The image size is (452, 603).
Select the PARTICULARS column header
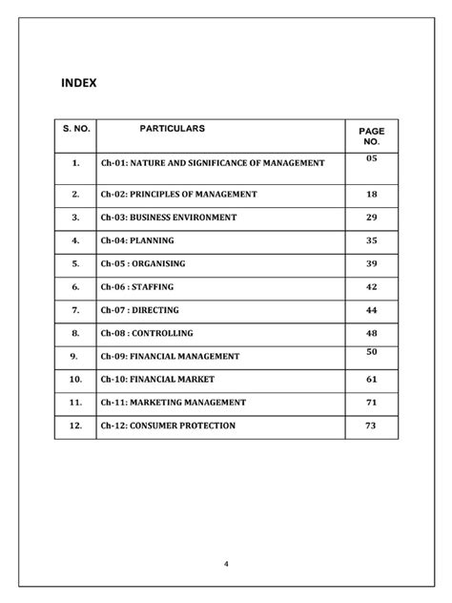click(x=173, y=128)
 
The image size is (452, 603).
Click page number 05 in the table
click(x=372, y=157)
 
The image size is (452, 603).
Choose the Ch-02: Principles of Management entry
click(x=178, y=194)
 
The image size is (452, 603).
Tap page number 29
click(x=372, y=218)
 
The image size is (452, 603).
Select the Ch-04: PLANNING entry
click(x=137, y=240)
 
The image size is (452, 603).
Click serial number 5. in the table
click(x=74, y=263)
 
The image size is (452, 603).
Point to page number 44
click(x=372, y=310)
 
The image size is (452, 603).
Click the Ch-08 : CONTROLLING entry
click(x=147, y=333)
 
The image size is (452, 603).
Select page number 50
click(x=372, y=352)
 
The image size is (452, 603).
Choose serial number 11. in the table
click(x=74, y=402)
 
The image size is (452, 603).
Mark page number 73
click(x=372, y=426)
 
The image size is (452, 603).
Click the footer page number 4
click(x=227, y=564)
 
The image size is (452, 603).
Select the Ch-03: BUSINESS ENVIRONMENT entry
click(x=168, y=218)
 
